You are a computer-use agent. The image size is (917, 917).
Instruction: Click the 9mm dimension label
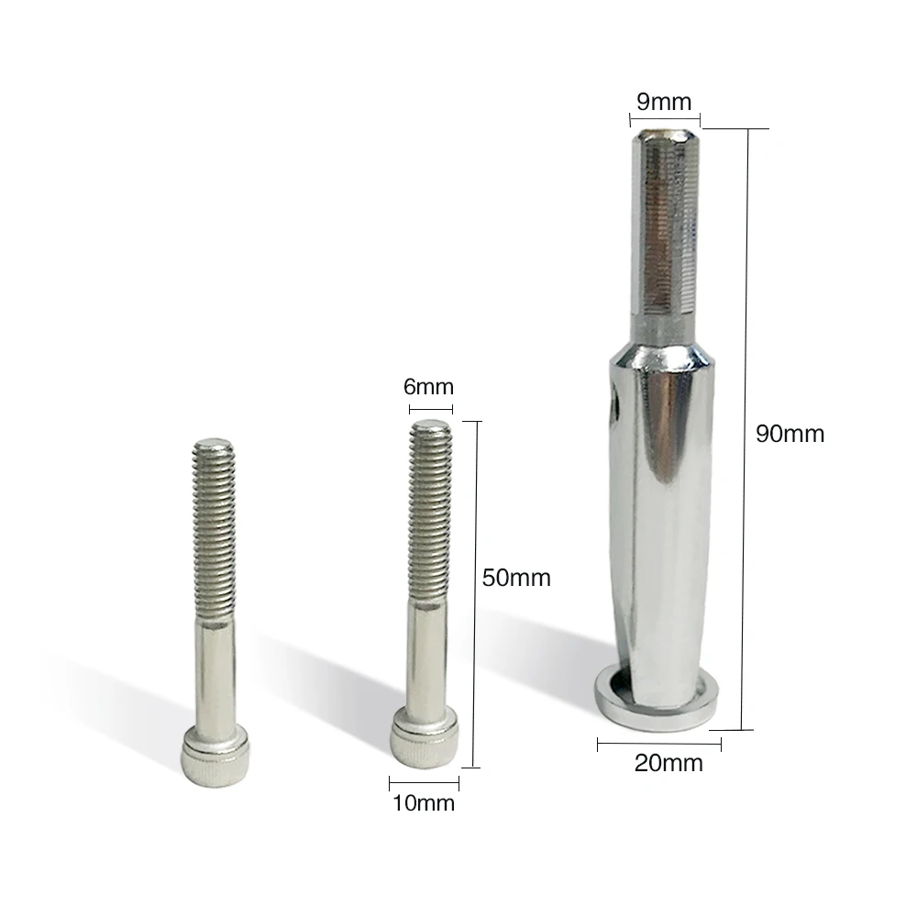click(x=664, y=102)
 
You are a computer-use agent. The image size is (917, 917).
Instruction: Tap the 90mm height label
click(x=790, y=434)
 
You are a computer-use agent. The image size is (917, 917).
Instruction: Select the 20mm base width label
click(x=668, y=763)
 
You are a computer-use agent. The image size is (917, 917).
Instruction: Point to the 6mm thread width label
click(x=428, y=387)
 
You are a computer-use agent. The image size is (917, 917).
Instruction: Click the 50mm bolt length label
click(x=516, y=578)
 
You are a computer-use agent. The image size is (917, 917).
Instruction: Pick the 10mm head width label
click(x=424, y=803)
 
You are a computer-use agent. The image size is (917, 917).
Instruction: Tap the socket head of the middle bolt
click(x=425, y=737)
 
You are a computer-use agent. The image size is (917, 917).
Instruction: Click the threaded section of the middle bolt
click(x=430, y=513)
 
